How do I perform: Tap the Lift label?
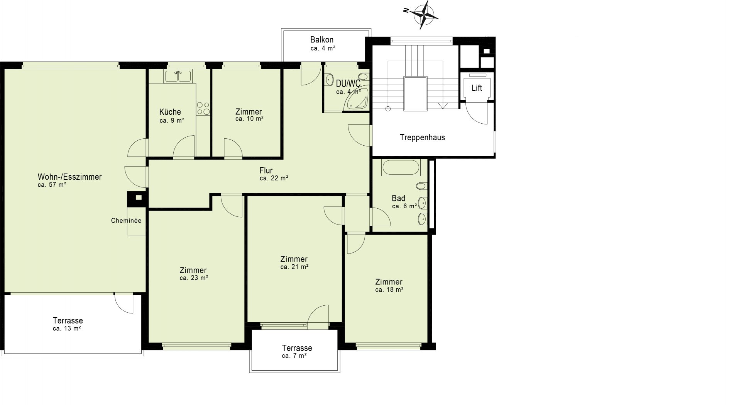[477, 88]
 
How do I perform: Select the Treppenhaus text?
[422, 138]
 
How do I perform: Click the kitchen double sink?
[178, 76]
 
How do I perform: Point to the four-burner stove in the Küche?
[203, 108]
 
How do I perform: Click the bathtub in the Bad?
[400, 168]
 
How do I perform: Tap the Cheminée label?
[126, 221]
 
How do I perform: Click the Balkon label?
[322, 40]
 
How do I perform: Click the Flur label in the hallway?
[266, 170]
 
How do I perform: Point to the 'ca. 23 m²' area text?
[194, 277]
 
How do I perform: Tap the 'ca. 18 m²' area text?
[389, 289]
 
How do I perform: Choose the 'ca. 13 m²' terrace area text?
[67, 328]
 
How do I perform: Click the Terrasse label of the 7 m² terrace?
[297, 348]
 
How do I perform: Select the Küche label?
[170, 112]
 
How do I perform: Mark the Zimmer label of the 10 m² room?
[249, 112]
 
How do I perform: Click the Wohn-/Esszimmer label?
[69, 177]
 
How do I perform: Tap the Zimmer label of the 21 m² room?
[294, 259]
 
